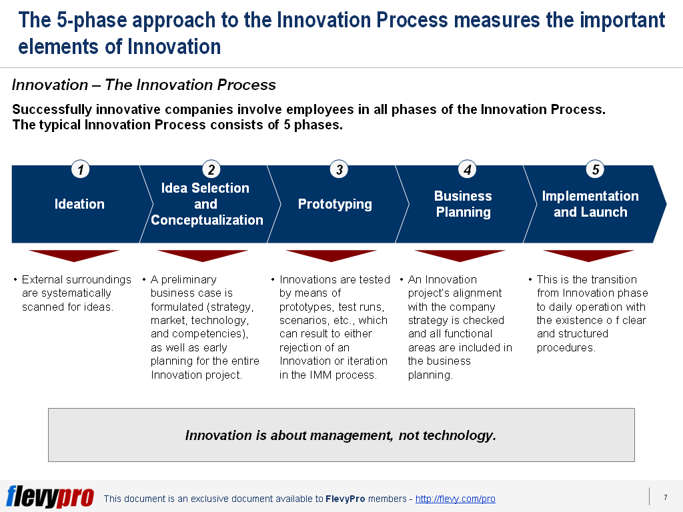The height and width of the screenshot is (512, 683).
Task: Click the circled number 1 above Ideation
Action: (80, 170)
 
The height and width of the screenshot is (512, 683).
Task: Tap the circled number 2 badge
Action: (211, 170)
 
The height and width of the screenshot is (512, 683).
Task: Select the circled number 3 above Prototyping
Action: (339, 170)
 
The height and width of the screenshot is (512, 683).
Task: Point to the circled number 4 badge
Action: (468, 170)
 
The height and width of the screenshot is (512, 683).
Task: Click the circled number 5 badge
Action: (596, 170)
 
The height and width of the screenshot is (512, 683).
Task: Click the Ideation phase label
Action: (79, 204)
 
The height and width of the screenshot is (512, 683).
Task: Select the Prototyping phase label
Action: (335, 204)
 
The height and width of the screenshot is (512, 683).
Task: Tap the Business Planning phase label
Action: (463, 204)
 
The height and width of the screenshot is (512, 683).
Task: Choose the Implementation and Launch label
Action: (590, 204)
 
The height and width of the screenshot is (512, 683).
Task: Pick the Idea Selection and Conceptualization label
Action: (207, 204)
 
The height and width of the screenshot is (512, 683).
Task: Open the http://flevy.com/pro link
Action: (455, 499)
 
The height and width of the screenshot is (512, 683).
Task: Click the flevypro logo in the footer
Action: (51, 497)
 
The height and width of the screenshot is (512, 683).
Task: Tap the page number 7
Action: (665, 497)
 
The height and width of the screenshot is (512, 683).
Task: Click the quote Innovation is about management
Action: (341, 435)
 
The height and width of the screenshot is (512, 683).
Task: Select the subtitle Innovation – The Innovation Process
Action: (144, 85)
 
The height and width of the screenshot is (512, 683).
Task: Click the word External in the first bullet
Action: (41, 279)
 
